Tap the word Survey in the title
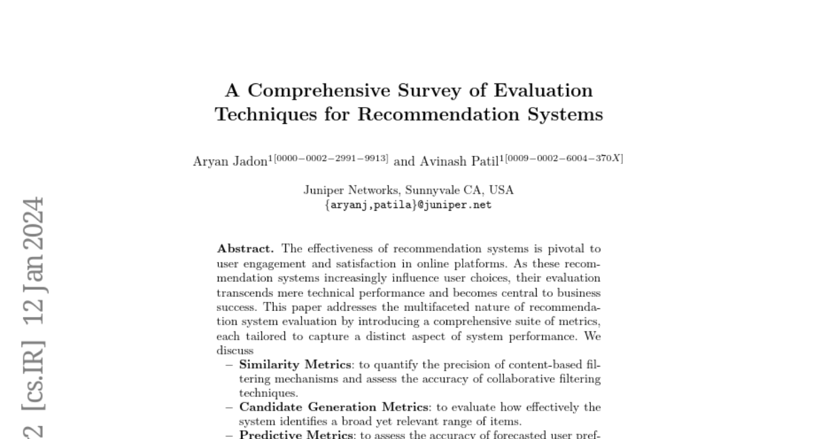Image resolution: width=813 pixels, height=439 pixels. pyautogui.click(x=439, y=91)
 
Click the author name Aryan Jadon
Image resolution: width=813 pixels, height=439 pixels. pyautogui.click(x=231, y=161)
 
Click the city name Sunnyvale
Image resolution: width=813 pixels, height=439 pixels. pyautogui.click(x=432, y=190)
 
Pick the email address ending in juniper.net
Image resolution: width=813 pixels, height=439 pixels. pyautogui.click(x=408, y=205)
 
